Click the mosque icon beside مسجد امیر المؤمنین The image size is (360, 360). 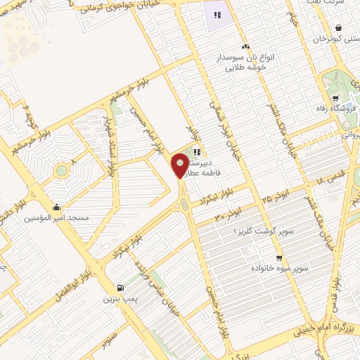(x=56, y=207)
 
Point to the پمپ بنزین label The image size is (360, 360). (x=119, y=298)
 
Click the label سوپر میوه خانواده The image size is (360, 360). (x=279, y=269)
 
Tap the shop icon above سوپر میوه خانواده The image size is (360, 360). (x=279, y=258)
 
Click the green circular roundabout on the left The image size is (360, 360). (x=61, y=169)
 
